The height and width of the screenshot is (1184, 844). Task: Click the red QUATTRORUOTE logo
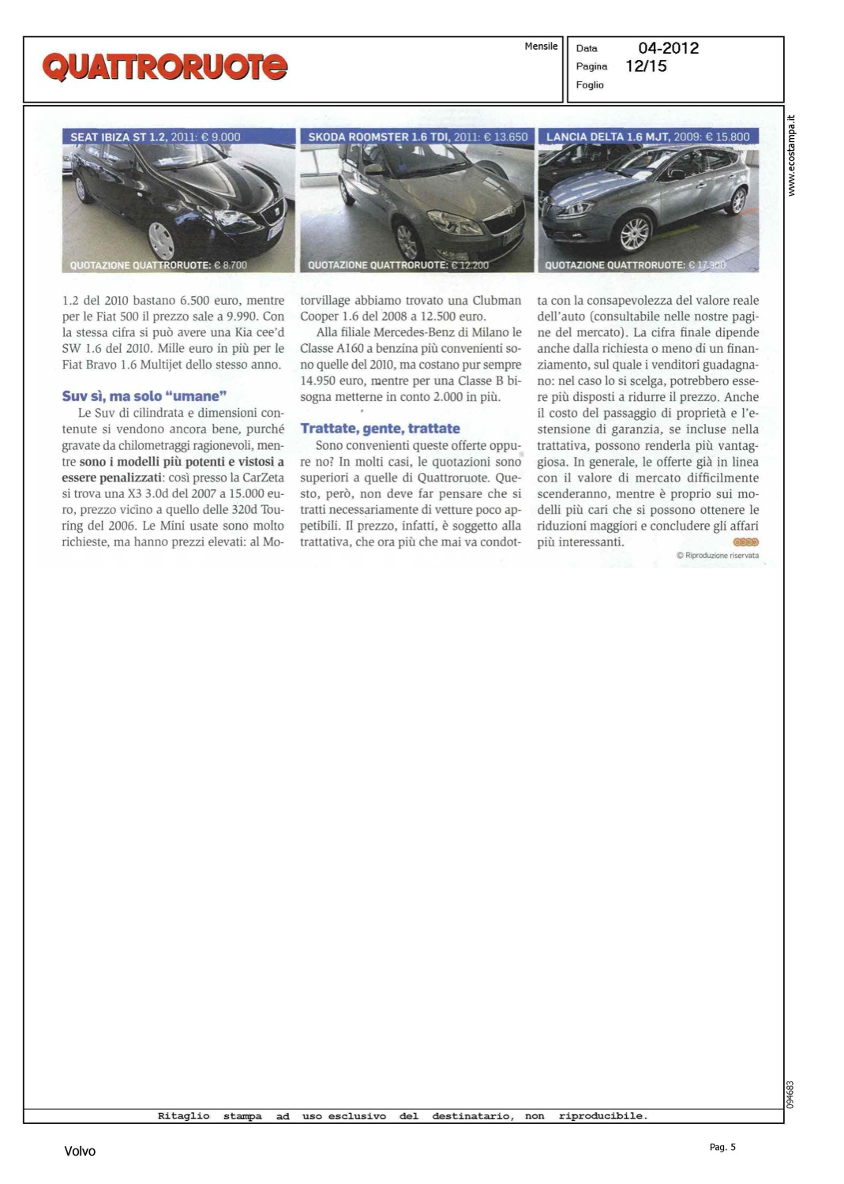pos(164,67)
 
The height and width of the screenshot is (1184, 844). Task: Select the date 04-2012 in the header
pos(668,48)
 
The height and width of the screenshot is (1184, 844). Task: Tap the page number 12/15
pos(646,66)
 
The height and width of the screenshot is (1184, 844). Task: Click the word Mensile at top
pos(541,47)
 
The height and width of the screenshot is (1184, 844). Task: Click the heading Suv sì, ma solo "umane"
pos(144,396)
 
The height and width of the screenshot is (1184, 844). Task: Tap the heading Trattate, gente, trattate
pos(380,429)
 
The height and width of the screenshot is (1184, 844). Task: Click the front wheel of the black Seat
pos(161,239)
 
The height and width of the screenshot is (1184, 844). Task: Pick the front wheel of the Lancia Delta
pos(633,233)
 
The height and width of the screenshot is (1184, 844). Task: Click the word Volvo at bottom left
pos(80,1152)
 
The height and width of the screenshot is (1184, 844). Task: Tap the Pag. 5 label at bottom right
pos(722,1147)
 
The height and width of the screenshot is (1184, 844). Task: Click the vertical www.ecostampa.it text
pos(792,156)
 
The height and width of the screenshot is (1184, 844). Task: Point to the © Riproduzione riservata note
pos(717,556)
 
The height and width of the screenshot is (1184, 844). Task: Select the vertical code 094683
pos(790,1094)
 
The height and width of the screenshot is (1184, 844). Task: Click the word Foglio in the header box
pos(590,85)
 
